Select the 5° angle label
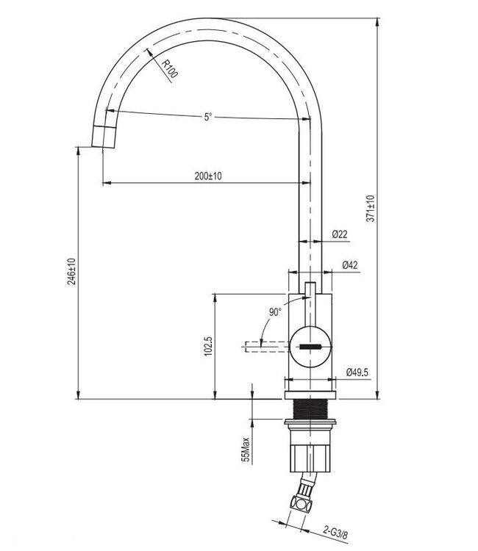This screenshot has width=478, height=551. (x=208, y=117)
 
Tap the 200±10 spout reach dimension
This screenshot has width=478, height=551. (x=208, y=176)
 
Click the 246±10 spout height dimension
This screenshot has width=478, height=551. (x=71, y=271)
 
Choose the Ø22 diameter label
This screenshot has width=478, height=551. (x=340, y=234)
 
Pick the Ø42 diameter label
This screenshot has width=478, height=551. (x=349, y=265)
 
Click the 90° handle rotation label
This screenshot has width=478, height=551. (x=274, y=311)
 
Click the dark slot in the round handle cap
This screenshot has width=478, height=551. (x=311, y=347)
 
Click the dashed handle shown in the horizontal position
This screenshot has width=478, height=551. (x=261, y=345)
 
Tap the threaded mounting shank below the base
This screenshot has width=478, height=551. (x=310, y=408)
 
